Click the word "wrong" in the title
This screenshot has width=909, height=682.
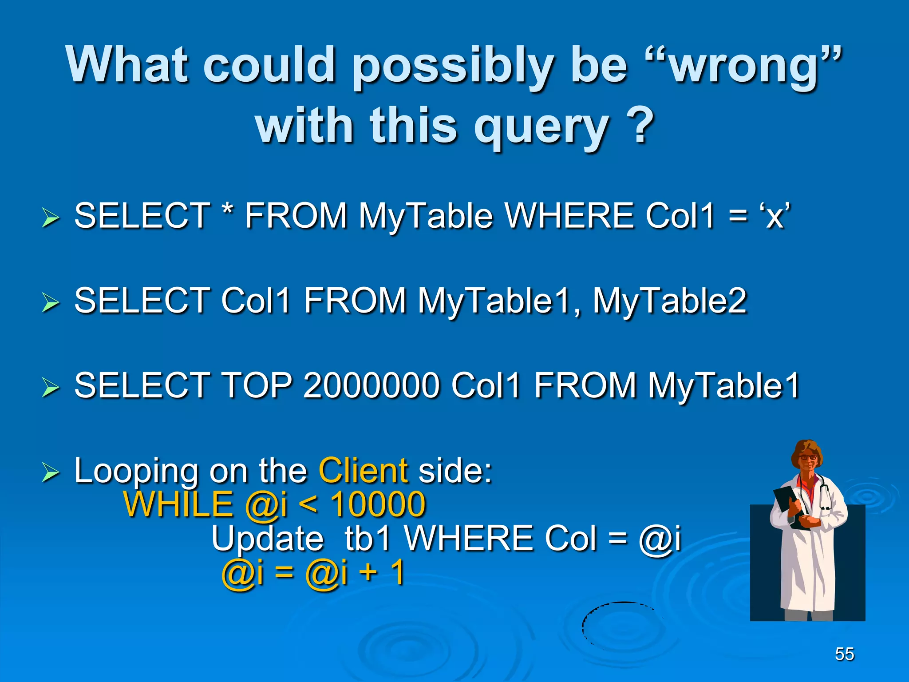coord(743,67)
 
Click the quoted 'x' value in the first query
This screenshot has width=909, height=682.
coord(775,216)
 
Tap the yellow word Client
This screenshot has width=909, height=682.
coord(363,470)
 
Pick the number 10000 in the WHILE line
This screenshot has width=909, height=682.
coord(378,505)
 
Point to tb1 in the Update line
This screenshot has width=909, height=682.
coord(368,539)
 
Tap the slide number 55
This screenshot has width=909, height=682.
coord(844,654)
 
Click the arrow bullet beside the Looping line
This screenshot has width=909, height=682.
coord(50,472)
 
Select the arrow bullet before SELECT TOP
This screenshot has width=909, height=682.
coord(50,387)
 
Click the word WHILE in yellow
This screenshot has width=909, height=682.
coord(178,505)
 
